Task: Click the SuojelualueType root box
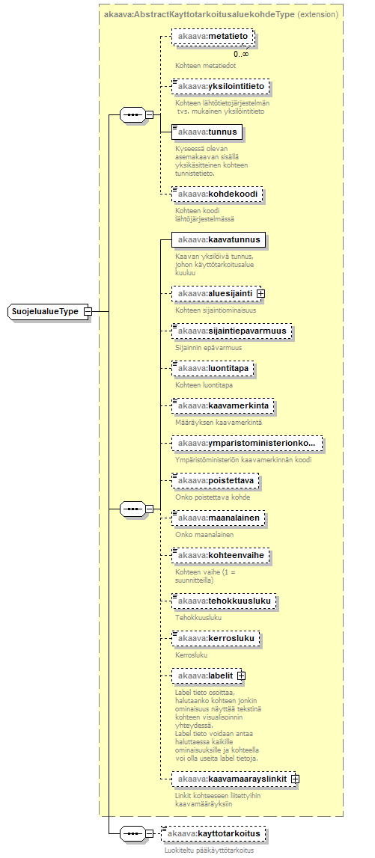tap(50, 311)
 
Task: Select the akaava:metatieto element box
tap(213, 37)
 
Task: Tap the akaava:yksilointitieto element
tap(220, 87)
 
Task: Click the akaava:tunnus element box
tap(207, 132)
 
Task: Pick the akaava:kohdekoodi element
tap(217, 194)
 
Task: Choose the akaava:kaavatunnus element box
tap(219, 239)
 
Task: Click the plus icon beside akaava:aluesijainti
tap(261, 293)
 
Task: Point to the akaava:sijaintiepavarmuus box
tap(231, 331)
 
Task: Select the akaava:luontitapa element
tap(213, 370)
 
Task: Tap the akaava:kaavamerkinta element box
tap(223, 407)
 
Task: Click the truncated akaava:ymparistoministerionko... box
tap(247, 443)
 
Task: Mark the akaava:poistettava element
tap(215, 480)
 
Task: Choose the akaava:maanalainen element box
tap(218, 517)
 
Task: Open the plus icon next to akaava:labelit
tap(242, 675)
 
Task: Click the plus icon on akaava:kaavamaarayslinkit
tap(294, 778)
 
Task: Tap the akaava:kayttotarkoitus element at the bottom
tap(215, 833)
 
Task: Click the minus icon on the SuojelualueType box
tap(88, 311)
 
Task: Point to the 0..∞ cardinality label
tap(242, 54)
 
